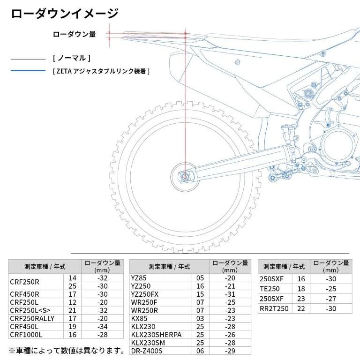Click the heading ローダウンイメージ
tap(64, 13)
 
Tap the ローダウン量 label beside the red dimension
tap(75, 34)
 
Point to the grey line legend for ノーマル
tap(28, 60)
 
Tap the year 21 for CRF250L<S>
tap(72, 310)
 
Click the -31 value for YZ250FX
tap(230, 294)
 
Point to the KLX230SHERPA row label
tap(156, 335)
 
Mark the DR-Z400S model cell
tap(148, 351)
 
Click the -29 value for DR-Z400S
tap(230, 351)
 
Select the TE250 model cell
tap(270, 289)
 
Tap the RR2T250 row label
tap(274, 308)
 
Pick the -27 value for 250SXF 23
tap(331, 299)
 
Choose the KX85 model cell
tap(140, 318)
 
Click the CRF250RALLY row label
tap(32, 319)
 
